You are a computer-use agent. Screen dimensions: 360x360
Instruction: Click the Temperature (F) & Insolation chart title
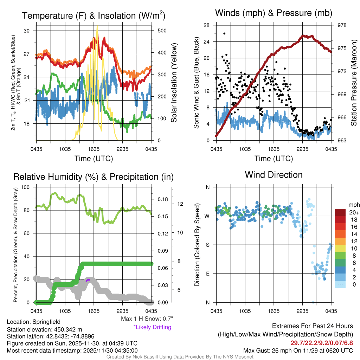(94, 16)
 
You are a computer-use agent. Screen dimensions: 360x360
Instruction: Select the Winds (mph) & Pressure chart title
(274, 13)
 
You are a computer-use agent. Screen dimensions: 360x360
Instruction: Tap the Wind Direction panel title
(274, 175)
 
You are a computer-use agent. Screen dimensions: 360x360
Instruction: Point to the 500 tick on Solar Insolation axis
(162, 31)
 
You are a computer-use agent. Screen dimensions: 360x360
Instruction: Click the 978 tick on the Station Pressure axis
(342, 25)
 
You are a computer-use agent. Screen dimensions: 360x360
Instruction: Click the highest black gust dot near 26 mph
(224, 33)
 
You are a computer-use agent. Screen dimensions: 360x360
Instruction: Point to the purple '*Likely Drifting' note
(152, 327)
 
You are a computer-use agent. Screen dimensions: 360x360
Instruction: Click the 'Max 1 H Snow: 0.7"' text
(147, 319)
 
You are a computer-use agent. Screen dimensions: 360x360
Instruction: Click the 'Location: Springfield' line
(34, 322)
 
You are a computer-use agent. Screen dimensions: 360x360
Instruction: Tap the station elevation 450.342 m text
(44, 329)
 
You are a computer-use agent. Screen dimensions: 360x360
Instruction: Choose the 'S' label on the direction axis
(207, 245)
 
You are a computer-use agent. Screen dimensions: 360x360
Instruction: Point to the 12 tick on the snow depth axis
(181, 204)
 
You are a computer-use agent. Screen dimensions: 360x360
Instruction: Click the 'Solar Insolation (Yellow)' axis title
(174, 83)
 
